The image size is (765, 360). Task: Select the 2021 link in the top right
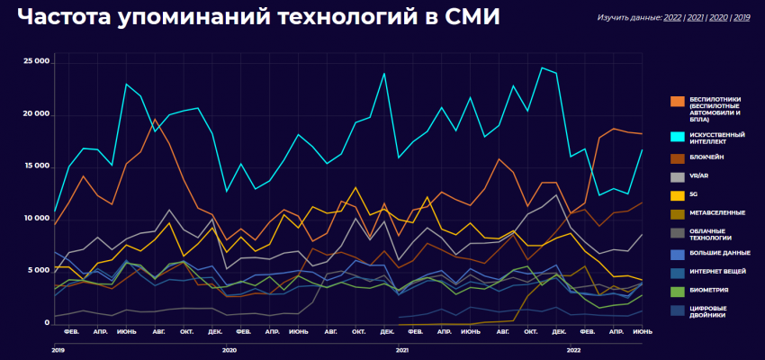point(696,17)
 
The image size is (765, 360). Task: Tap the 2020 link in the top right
point(718,17)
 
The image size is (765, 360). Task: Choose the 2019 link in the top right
point(742,17)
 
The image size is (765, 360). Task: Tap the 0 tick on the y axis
point(45,322)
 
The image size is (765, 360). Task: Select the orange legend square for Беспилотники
point(677,99)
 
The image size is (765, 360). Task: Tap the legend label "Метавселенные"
point(717,212)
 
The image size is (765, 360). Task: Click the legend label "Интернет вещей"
point(717,271)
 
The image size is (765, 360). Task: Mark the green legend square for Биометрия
point(677,290)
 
